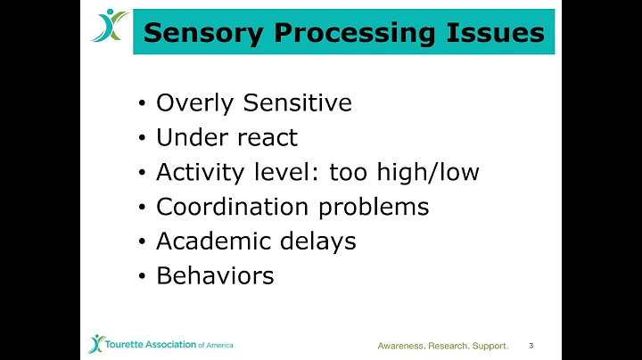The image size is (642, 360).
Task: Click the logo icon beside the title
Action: [109, 26]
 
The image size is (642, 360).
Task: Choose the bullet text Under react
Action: [226, 138]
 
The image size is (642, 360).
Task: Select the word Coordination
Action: [225, 207]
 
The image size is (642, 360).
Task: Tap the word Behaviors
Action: [215, 276]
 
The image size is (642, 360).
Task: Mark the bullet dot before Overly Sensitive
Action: [143, 104]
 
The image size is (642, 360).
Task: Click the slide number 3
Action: [531, 345]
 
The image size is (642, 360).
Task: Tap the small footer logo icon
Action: [96, 344]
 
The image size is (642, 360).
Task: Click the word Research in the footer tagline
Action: [451, 346]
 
